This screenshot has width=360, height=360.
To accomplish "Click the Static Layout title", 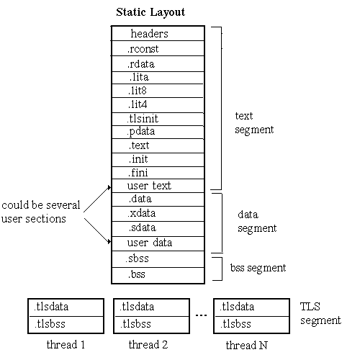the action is coord(150,12).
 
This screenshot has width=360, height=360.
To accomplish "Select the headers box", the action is coord(158,33).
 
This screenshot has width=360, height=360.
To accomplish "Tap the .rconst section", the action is coord(158,48).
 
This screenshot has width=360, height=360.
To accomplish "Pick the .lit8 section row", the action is coord(158,91).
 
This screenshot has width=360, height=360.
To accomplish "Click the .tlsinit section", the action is coord(158,119).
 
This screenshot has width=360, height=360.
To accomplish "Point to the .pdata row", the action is coord(158,132).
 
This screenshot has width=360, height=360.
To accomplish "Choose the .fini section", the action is coord(158,173).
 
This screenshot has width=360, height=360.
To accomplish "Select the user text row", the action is coord(158,186).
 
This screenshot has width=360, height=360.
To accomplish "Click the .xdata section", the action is coord(158,214).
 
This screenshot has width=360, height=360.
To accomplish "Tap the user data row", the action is coord(158,243).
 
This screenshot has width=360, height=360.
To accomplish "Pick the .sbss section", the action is coord(158,259).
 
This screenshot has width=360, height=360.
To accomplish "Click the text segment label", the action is coord(254,123).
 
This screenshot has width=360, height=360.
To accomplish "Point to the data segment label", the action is coord(257,222).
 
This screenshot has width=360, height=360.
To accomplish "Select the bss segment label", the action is coord(258,268).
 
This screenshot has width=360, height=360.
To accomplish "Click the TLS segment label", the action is coord(320,314).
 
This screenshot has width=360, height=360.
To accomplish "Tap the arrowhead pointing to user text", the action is coord(109,187).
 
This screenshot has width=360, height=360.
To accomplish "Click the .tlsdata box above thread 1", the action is coord(66,307).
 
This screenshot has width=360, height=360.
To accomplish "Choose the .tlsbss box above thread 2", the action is coord(151,325).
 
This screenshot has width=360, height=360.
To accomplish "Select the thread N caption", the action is coord(246,345).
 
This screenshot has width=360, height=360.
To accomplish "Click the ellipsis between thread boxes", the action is coord(201,315).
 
